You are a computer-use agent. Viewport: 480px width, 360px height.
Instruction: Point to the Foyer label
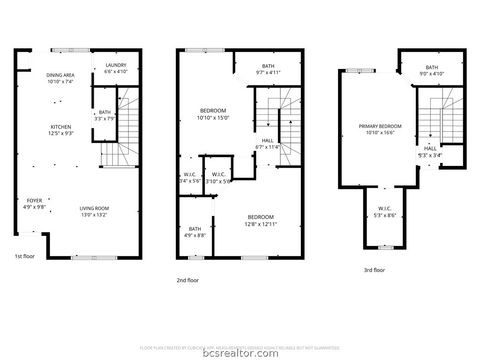[34, 204]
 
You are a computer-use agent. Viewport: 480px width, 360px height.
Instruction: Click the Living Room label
[95, 211]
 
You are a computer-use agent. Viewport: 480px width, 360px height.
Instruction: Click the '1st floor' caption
[25, 257]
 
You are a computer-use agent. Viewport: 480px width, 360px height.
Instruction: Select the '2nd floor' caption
[188, 281]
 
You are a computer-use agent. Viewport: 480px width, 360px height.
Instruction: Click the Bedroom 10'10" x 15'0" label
[214, 114]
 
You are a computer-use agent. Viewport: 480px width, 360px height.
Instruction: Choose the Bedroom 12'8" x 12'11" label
[261, 220]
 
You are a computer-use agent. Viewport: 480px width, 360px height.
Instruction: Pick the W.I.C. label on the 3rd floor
[384, 213]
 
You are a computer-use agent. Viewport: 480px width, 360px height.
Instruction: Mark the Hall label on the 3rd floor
[429, 151]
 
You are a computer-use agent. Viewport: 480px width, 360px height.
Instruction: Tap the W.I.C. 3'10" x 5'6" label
[220, 178]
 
